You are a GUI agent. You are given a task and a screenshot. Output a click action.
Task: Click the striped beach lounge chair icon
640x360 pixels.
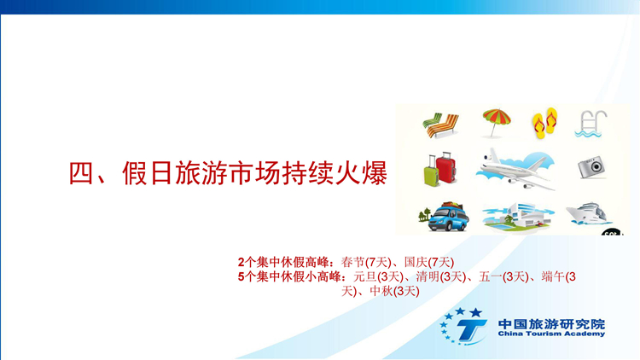click(440, 125)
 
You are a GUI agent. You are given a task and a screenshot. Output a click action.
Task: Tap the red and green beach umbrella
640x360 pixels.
click(496, 122)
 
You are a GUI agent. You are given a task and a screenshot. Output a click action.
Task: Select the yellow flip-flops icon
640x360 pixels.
click(544, 123)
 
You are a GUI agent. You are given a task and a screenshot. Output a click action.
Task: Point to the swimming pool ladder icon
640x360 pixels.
click(591, 124)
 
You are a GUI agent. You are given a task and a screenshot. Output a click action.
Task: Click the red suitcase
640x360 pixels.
click(445, 167)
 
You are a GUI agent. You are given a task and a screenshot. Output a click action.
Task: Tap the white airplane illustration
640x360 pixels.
click(515, 170)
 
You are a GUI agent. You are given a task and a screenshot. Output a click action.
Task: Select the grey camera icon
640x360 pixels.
click(591, 167)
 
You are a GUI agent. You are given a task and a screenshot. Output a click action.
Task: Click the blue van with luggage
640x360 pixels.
click(448, 218)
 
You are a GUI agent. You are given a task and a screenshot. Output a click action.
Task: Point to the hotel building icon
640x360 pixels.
click(518, 218)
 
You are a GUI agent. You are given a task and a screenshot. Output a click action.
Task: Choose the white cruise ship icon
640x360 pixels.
click(588, 213)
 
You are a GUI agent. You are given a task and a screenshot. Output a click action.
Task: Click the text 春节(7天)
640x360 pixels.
click(366, 262)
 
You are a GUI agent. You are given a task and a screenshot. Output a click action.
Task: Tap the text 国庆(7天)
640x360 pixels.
click(429, 262)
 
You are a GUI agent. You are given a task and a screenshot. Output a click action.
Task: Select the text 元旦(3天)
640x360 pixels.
click(378, 276)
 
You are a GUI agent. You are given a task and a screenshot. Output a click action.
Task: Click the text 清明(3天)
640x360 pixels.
click(441, 276)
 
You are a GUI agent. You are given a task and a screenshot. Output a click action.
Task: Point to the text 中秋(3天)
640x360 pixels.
click(394, 291)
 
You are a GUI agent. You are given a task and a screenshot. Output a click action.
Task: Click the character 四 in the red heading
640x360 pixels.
click(81, 173)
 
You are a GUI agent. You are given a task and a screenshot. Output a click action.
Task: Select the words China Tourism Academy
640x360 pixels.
click(551, 334)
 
